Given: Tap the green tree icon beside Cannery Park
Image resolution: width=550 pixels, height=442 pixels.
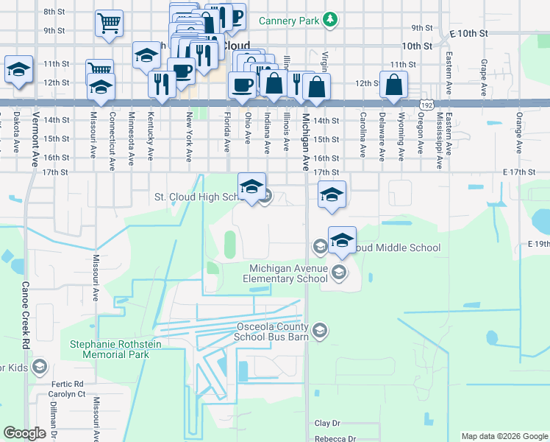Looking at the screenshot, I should click(331, 19).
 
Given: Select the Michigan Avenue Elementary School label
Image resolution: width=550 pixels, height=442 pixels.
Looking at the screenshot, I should click(288, 273).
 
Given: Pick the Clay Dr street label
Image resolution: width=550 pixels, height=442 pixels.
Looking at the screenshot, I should click(327, 424).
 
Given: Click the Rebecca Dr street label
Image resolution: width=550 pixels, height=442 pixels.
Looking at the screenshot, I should click(335, 438).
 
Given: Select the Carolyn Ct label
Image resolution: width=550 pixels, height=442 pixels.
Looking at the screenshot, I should click(68, 394).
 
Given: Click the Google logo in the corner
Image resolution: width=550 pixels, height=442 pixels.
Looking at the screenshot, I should click(25, 433).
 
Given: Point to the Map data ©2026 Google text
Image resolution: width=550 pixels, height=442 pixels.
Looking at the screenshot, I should click(504, 436).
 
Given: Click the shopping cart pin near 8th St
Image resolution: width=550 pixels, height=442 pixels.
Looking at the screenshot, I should click(109, 23).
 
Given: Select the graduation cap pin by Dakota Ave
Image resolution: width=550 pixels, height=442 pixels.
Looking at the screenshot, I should click(18, 69).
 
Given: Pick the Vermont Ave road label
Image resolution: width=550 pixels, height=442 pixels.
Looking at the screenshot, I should click(35, 132).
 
